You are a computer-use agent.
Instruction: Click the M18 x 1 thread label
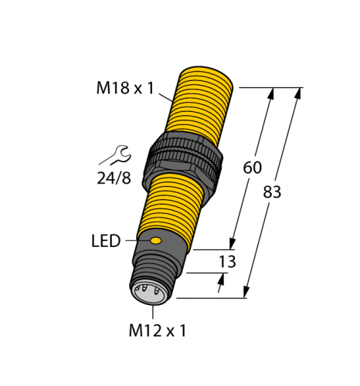(126, 88)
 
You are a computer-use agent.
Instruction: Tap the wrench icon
(112, 156)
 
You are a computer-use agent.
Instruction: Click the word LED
(105, 242)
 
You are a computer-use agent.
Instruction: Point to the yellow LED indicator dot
(157, 242)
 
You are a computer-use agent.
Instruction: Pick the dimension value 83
(273, 193)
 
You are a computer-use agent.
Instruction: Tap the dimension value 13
(228, 262)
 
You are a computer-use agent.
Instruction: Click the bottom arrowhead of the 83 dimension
(246, 293)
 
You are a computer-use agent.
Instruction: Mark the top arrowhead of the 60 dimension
(270, 93)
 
